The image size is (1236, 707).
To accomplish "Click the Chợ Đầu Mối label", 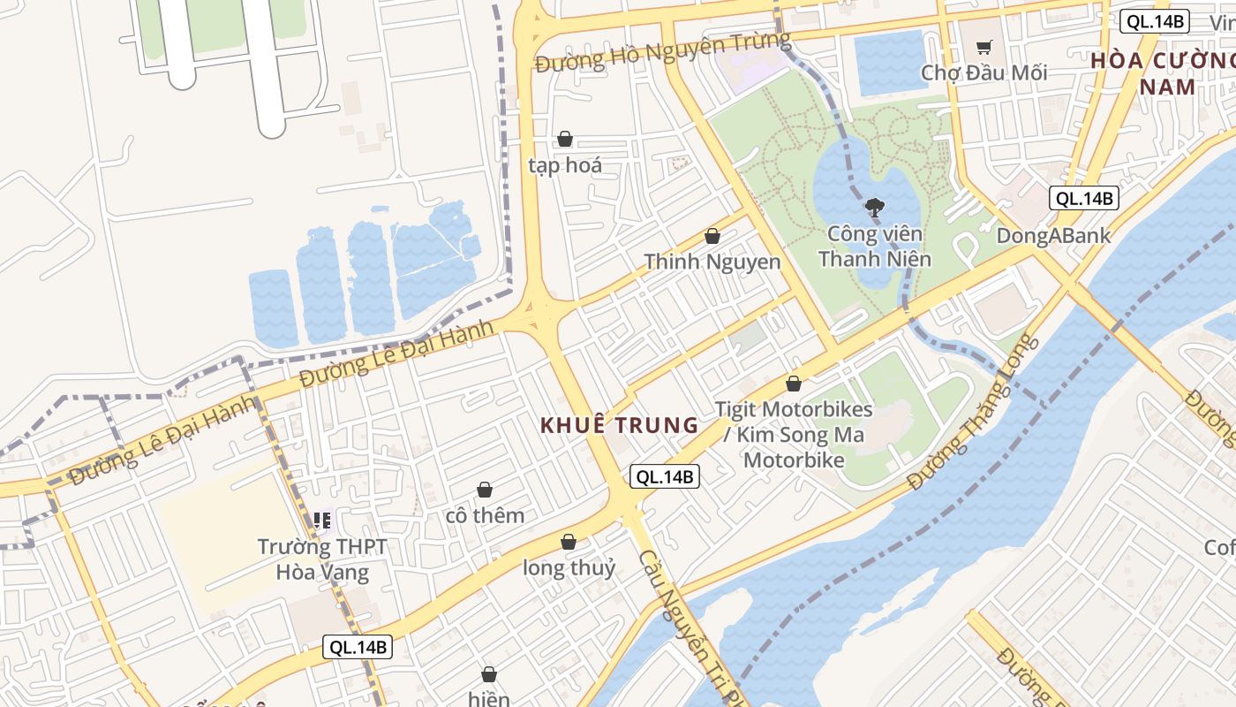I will (984, 72).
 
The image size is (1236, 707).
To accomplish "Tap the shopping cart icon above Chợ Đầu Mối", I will (984, 47).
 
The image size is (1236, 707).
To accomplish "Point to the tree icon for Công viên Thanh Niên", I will (875, 209).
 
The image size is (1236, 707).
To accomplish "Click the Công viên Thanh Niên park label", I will (874, 247).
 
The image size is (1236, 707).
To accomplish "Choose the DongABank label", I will (1053, 236).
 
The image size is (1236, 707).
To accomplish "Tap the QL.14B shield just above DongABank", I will (1083, 198).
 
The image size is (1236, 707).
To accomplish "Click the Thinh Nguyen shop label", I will (712, 262).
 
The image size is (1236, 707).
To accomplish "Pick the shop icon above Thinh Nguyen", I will (712, 236).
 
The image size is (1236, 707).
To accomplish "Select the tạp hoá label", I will (565, 165).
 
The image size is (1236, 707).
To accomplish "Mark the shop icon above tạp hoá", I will (565, 139).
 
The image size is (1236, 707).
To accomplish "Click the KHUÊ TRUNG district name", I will (619, 425).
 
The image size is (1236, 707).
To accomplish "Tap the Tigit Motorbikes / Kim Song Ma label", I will (794, 435).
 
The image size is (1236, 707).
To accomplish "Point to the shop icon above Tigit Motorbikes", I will (794, 384).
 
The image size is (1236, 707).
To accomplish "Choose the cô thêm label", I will (485, 515).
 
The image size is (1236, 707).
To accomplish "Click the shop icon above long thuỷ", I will (569, 542).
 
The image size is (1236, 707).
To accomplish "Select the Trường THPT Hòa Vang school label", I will (322, 559).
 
